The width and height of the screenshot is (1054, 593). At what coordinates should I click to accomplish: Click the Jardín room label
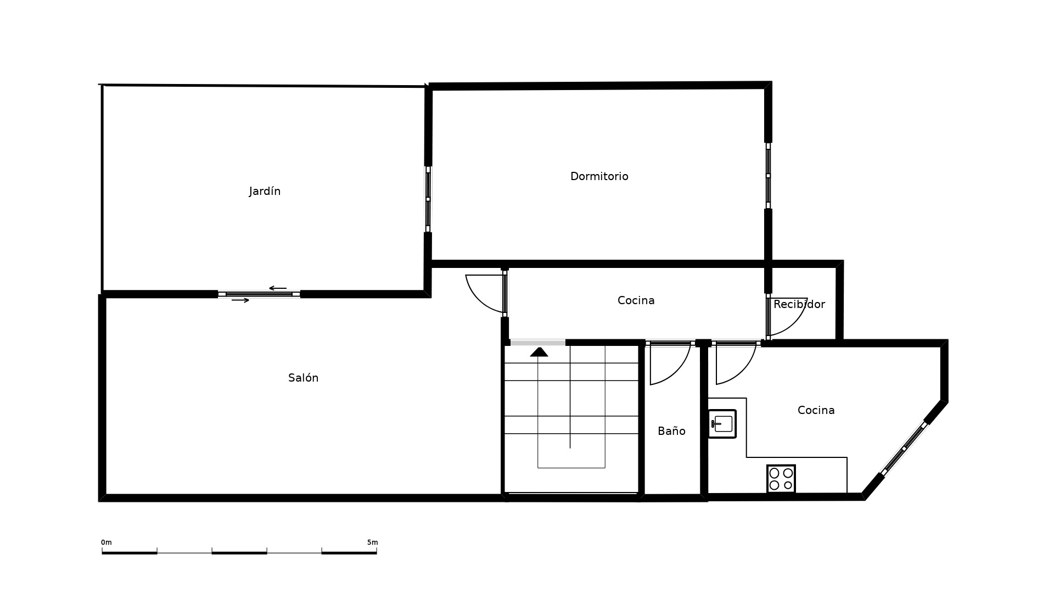pos(265,191)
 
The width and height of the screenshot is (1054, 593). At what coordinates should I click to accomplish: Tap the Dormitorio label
pos(599,176)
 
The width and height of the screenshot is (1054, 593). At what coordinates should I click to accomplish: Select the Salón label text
pos(303,378)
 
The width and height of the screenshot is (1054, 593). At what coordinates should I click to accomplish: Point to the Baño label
pos(671,431)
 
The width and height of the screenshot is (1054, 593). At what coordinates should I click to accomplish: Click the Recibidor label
pos(799,304)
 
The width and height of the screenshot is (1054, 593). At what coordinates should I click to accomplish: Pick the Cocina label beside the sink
pos(816,410)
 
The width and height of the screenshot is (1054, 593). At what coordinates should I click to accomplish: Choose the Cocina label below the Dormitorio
pos(636,300)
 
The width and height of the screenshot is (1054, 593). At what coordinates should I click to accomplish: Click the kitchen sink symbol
pos(722,424)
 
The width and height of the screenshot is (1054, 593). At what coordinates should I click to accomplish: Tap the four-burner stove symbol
pos(781,479)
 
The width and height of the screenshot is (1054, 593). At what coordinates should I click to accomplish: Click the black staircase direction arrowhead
pos(539,352)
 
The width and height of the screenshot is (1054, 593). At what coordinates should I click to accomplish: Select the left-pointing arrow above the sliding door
pos(278,288)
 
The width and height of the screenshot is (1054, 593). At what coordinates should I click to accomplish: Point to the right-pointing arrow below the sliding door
pos(240,300)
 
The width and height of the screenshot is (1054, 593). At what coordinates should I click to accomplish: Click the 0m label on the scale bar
pos(106,542)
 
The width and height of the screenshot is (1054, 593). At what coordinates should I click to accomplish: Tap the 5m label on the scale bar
pos(373,542)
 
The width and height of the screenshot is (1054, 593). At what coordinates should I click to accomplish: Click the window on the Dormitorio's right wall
pos(768,176)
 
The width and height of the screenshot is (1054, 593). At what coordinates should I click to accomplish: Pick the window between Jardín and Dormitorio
pos(428,199)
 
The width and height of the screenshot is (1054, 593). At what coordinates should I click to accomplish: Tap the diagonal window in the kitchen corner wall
pos(904,449)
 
